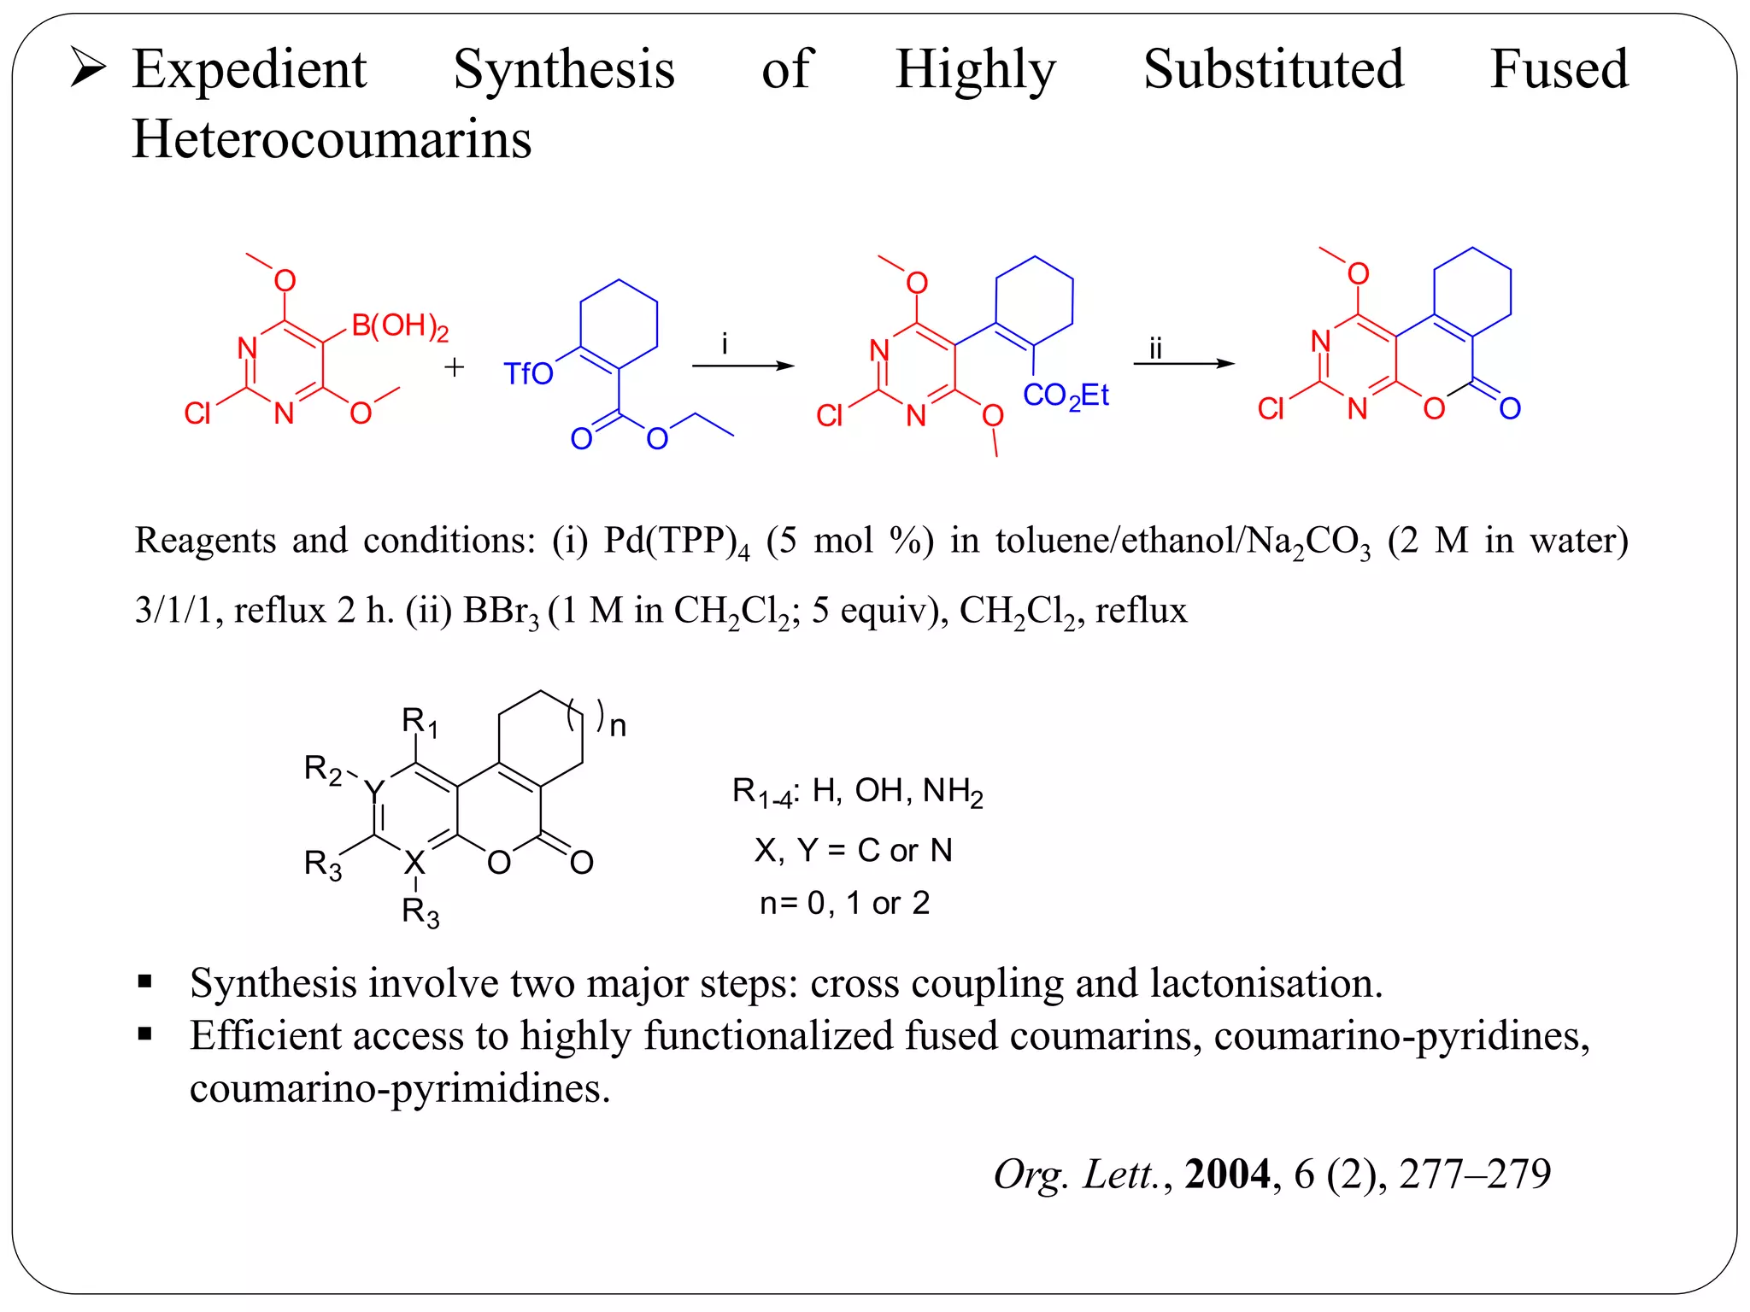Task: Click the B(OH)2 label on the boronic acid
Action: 399,326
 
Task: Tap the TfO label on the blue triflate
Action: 528,374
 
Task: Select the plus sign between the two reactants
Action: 455,367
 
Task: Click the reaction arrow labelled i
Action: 742,366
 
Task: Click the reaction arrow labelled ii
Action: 1183,363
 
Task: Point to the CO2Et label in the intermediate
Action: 1065,395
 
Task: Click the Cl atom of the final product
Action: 1271,409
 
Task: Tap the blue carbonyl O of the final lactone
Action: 1510,408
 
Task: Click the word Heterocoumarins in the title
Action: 332,139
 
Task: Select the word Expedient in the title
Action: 250,69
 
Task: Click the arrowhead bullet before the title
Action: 88,68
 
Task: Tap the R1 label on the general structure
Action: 420,723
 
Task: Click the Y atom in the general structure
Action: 374,790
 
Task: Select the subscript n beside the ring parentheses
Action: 618,727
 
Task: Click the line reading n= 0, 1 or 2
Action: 844,903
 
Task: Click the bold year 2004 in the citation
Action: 1227,1174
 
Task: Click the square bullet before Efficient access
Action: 145,1034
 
